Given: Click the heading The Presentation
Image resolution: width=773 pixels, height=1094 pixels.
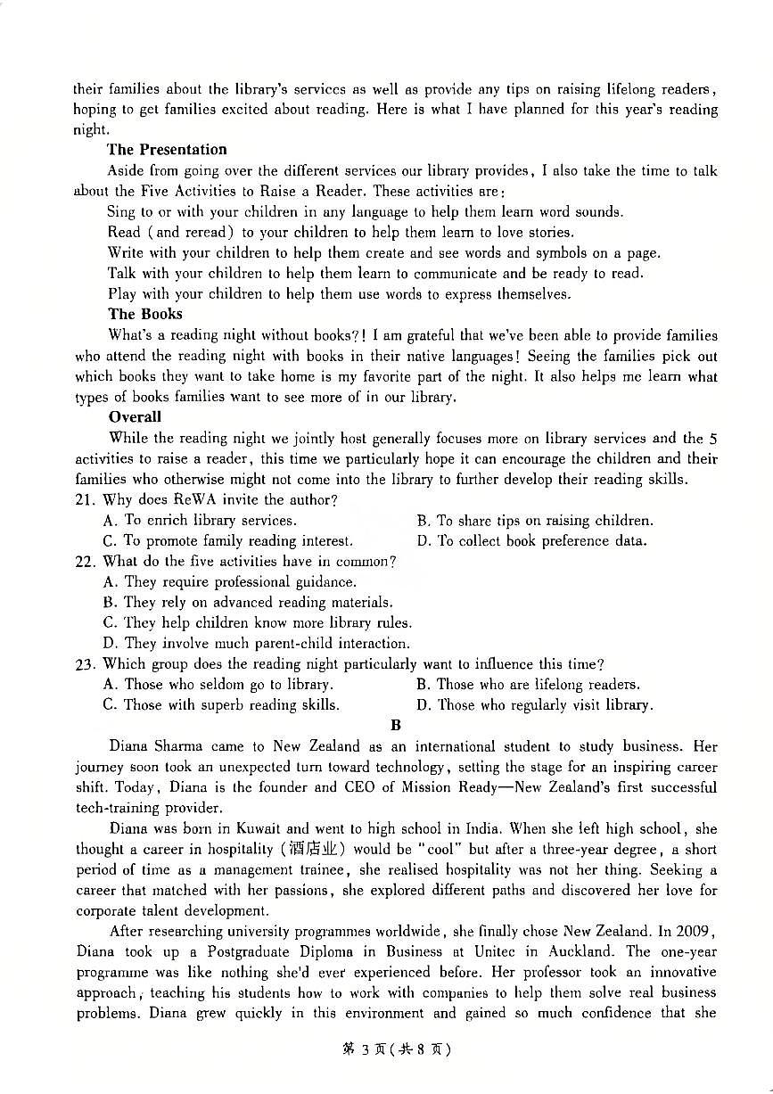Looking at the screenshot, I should (x=167, y=150).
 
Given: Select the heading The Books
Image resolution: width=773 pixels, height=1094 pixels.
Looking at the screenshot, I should (x=144, y=314).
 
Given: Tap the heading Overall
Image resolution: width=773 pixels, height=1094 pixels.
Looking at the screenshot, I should (x=135, y=416).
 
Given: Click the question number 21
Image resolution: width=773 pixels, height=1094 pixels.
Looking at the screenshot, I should (x=84, y=500).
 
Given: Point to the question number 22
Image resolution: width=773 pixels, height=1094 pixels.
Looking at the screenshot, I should (x=84, y=562).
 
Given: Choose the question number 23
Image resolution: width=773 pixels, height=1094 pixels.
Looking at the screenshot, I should (x=84, y=664).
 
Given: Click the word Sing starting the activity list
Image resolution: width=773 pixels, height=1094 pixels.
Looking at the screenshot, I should (x=120, y=212).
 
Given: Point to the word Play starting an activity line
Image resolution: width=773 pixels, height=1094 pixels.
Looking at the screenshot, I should (x=121, y=294).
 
